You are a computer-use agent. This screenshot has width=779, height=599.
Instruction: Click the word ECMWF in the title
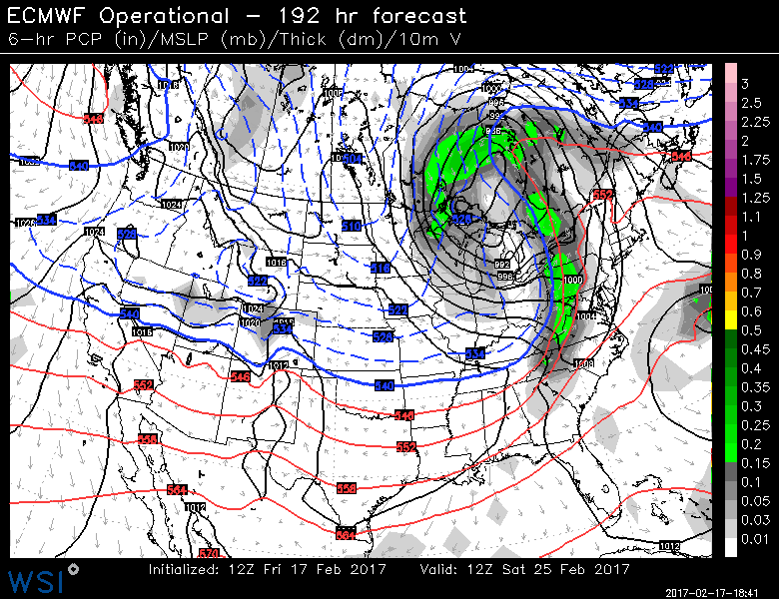pos(47,15)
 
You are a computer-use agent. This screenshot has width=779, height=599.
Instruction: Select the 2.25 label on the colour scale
pos(752,122)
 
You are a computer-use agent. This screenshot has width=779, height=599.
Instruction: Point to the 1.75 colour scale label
pos(752,160)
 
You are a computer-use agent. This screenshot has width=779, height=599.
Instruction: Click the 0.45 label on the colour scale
pos(752,348)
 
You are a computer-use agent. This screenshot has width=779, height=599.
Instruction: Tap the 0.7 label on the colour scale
pos(749,292)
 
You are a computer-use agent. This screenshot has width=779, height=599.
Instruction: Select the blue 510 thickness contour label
pos(351,227)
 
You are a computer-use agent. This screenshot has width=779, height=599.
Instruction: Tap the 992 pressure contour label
pos(502,265)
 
